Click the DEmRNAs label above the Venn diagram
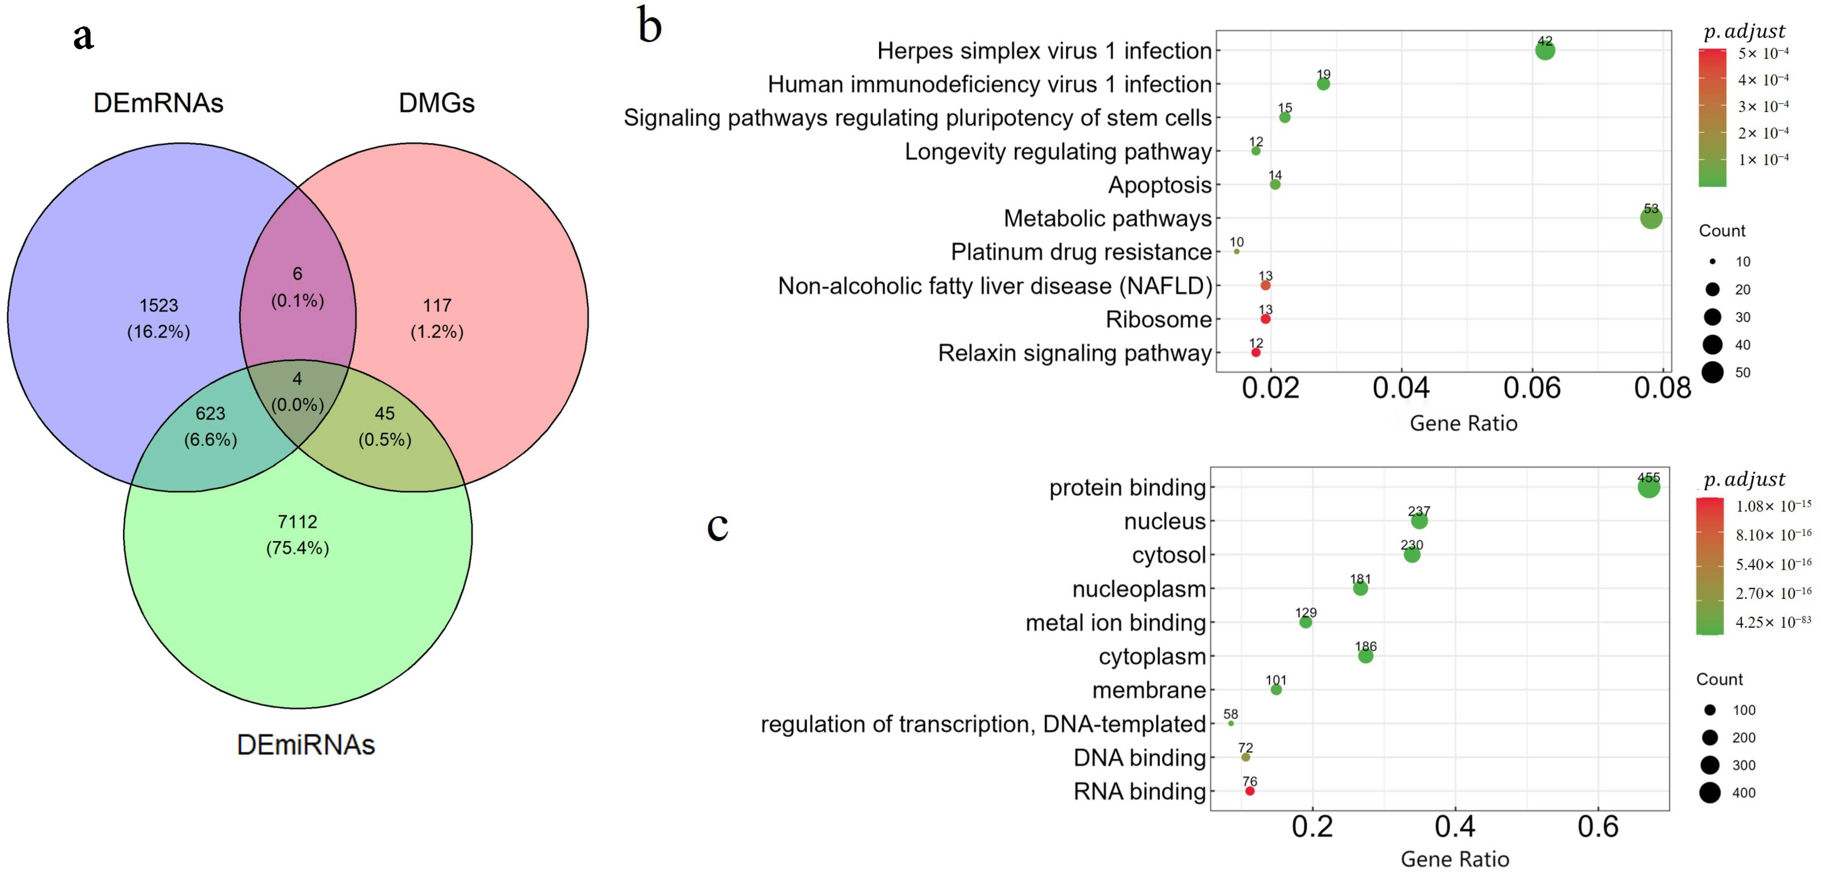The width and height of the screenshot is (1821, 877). [158, 103]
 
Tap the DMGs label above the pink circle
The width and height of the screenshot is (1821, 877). [436, 103]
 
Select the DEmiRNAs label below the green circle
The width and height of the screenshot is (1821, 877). [305, 745]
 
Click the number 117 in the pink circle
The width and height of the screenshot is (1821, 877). [437, 305]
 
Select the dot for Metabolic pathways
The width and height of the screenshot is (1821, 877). [1651, 218]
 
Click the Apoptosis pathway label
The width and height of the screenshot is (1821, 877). [1159, 185]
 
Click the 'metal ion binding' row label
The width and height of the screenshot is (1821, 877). [1116, 623]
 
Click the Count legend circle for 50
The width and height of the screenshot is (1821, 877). [1712, 372]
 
